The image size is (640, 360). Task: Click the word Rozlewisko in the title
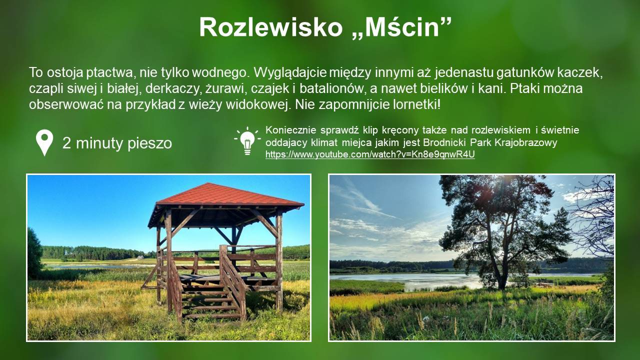click(x=270, y=27)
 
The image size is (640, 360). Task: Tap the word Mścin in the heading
click(x=402, y=27)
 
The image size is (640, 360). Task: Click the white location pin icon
click(x=44, y=142)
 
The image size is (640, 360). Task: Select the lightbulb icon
click(x=247, y=141)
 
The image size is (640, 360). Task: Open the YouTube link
click(x=370, y=154)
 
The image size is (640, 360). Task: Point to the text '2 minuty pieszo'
click(x=117, y=143)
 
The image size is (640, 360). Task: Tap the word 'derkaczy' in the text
click(x=173, y=88)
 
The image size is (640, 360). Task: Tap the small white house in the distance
click(x=141, y=257)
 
